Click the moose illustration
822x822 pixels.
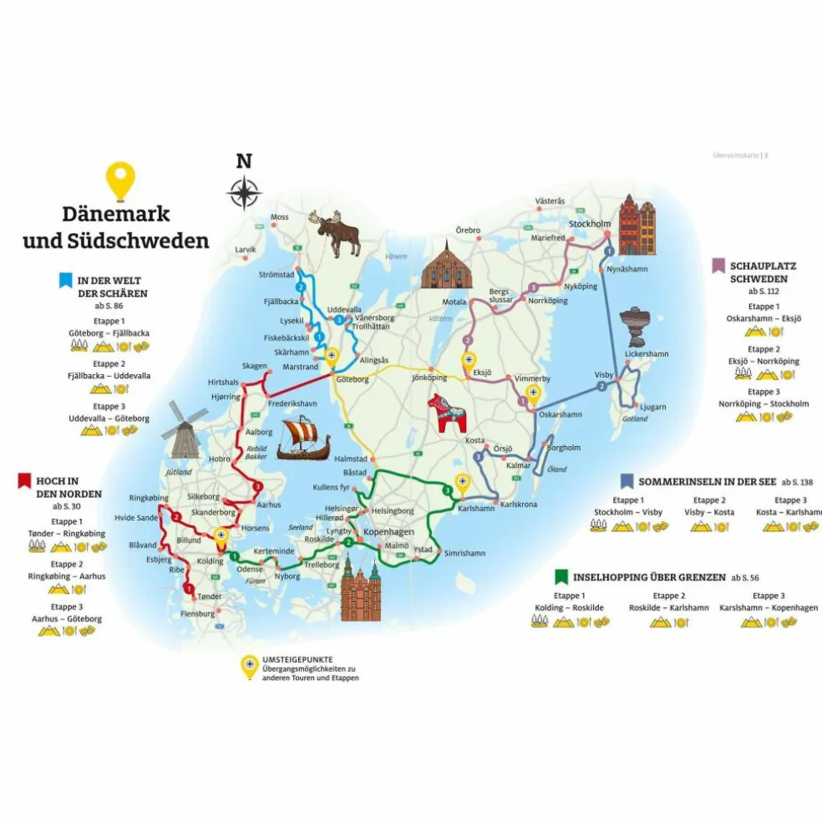click(336, 234)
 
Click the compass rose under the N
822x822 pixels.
click(243, 194)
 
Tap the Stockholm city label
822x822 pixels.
click(590, 224)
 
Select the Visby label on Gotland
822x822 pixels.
click(604, 375)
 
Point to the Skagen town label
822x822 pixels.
click(254, 366)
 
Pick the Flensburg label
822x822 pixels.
click(198, 614)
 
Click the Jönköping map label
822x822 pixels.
click(430, 378)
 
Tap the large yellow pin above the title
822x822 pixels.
click(122, 179)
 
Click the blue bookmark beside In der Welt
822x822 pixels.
click(64, 280)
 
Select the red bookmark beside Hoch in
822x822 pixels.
click(23, 480)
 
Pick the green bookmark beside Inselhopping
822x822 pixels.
click(561, 576)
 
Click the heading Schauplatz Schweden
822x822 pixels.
click(763, 272)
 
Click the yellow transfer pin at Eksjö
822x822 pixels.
click(468, 362)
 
